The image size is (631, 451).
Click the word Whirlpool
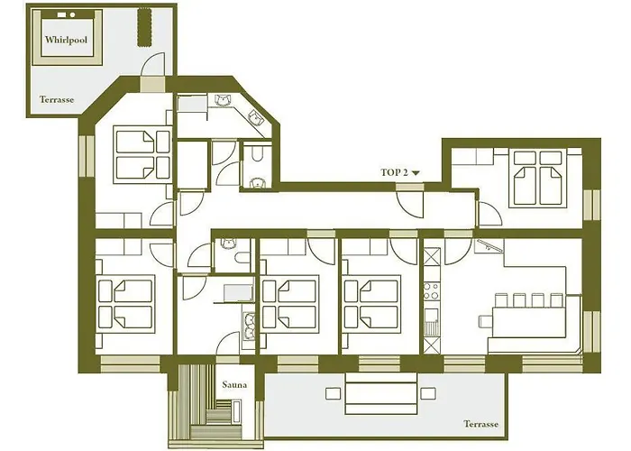pyautogui.click(x=66, y=40)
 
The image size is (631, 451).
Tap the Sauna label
pyautogui.click(x=234, y=384)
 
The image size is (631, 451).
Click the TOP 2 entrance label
pyautogui.click(x=395, y=173)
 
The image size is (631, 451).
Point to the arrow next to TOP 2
pyautogui.click(x=416, y=173)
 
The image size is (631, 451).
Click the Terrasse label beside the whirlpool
pyautogui.click(x=57, y=99)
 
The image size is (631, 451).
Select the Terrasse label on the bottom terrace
pyautogui.click(x=480, y=424)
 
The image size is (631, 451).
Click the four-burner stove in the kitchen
pyautogui.click(x=432, y=290)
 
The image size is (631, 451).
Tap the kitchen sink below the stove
pyautogui.click(x=432, y=321)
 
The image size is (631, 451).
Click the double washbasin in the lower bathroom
pyautogui.click(x=249, y=327)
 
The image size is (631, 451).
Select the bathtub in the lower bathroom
pyautogui.click(x=239, y=293)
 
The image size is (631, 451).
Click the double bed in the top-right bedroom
pyautogui.click(x=538, y=179)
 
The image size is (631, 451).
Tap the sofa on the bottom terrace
pyautogui.click(x=380, y=393)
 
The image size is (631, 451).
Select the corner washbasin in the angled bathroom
pyautogui.click(x=255, y=117)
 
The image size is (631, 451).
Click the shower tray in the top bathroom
pyautogui.click(x=191, y=106)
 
